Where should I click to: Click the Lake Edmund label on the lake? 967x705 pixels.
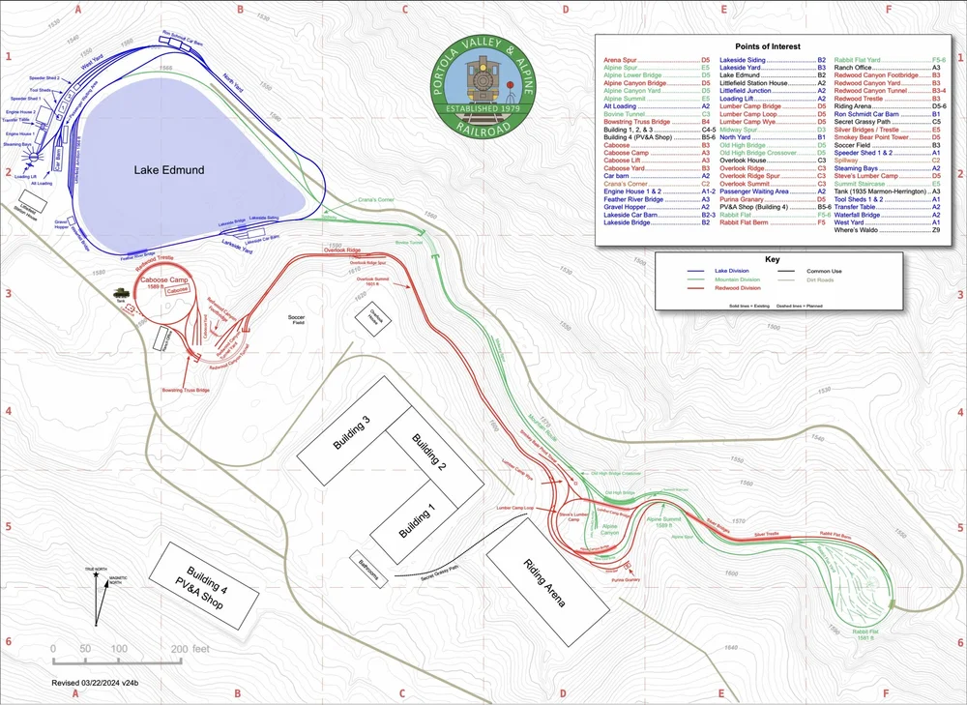169,170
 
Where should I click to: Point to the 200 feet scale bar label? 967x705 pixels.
189,649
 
